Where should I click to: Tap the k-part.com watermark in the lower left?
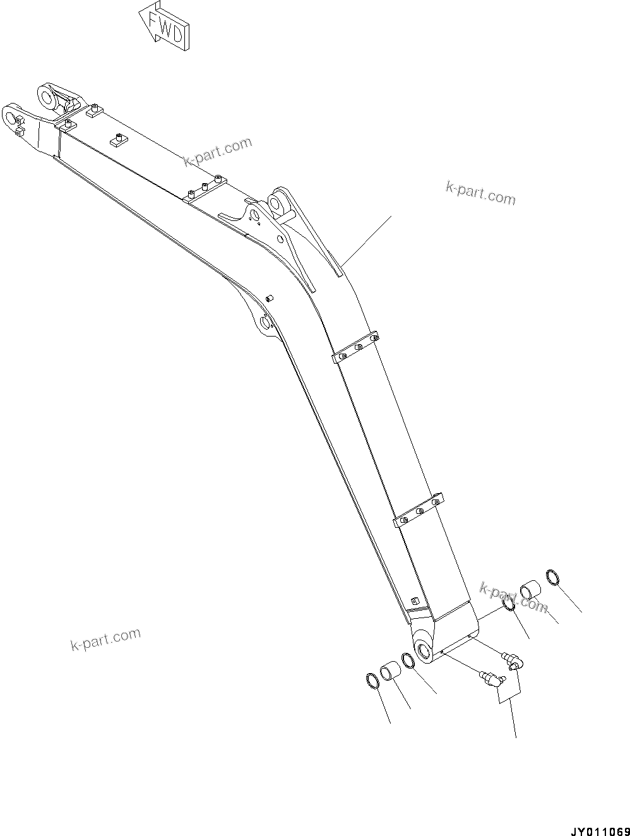tap(105, 639)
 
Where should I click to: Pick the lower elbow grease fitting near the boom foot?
tap(490, 679)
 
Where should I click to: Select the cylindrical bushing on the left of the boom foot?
tap(389, 670)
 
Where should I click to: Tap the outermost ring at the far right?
tap(554, 577)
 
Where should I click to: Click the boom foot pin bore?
tap(424, 650)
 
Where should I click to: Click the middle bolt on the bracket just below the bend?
tap(358, 347)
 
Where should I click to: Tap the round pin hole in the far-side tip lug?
tap(47, 96)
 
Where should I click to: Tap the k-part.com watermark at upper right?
tap(480, 193)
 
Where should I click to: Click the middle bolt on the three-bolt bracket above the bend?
tap(205, 186)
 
